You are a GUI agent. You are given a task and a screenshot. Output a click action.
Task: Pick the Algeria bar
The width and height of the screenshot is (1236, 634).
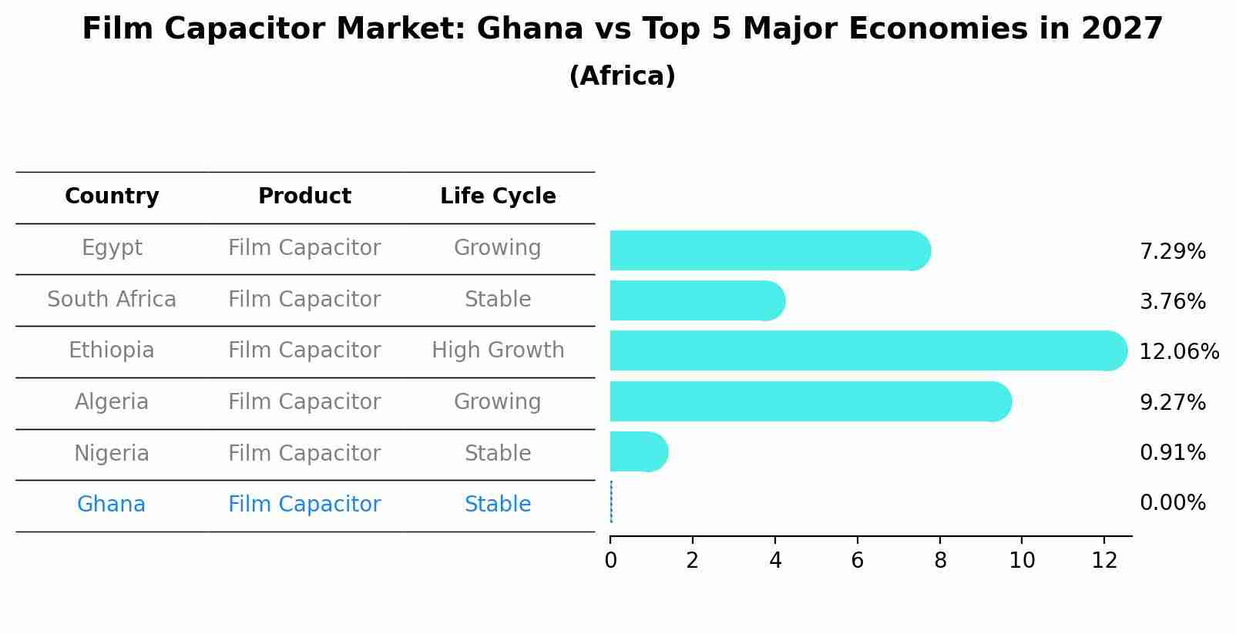click(810, 401)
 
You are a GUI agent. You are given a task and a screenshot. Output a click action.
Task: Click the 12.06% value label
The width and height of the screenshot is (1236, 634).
click(1178, 352)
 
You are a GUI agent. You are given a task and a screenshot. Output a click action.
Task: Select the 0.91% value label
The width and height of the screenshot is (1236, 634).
click(1172, 453)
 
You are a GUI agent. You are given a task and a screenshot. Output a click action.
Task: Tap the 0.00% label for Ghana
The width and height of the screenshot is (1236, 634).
click(1172, 503)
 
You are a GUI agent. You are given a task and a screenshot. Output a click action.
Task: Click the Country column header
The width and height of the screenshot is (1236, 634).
click(112, 196)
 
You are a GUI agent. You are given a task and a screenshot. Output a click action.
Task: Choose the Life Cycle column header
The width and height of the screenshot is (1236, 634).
click(498, 196)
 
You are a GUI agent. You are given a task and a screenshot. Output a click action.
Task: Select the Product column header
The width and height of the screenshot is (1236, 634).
click(304, 196)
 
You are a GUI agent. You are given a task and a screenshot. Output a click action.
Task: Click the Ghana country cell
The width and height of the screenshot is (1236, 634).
click(111, 505)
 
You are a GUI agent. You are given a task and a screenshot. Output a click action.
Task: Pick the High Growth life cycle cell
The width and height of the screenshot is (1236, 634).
click(498, 351)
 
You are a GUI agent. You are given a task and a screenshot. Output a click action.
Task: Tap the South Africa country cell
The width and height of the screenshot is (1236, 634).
click(112, 299)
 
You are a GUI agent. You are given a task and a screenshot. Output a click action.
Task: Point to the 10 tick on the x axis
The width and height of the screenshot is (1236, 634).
click(1022, 561)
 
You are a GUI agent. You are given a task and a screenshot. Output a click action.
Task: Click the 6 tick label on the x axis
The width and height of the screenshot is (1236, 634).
click(857, 561)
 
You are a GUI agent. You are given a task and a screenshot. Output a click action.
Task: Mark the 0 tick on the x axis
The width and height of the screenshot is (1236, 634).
click(610, 561)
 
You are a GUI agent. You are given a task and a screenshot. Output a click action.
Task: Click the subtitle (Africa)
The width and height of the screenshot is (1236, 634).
click(622, 76)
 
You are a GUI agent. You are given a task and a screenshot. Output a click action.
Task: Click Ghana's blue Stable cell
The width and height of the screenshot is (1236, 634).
click(498, 505)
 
